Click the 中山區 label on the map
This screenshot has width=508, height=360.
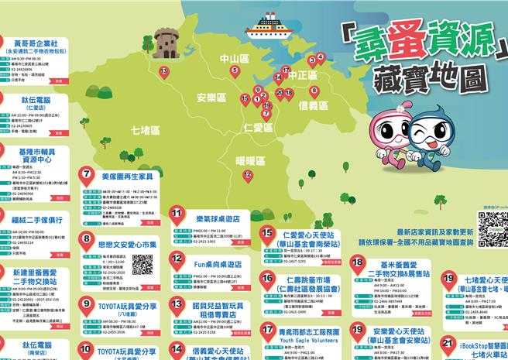point(233,58)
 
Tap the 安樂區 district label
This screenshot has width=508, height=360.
point(211,98)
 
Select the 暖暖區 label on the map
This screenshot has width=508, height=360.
point(250,160)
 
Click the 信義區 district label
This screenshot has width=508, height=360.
point(314,105)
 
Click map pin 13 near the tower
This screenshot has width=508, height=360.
point(164,72)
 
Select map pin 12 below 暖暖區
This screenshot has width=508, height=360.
point(248,176)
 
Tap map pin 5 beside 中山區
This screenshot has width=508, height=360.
point(235,71)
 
